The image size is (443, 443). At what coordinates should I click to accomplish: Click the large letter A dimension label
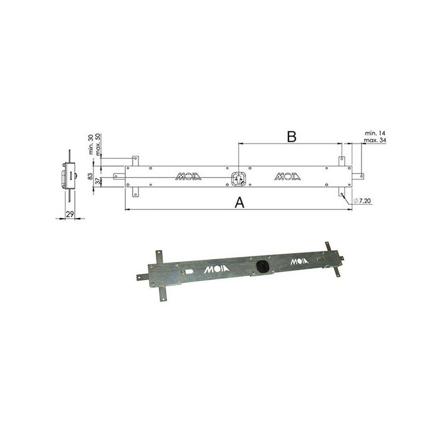click(239, 203)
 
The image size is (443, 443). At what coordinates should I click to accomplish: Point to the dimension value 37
click(97, 181)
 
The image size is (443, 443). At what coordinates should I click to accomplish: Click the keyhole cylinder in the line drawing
click(238, 177)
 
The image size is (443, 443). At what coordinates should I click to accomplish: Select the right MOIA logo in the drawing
click(287, 177)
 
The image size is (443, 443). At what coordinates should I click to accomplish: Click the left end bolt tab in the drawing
click(119, 177)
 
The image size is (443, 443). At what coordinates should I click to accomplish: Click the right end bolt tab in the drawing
click(358, 177)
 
